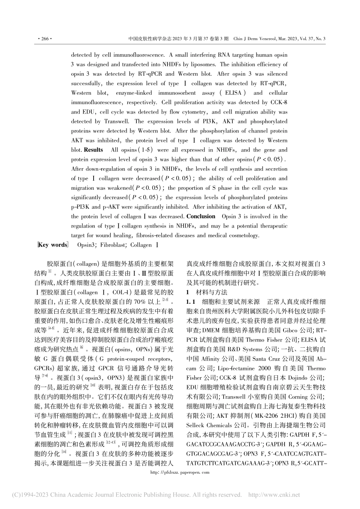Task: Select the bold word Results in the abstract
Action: tap(93, 150)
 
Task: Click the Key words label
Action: tap(53, 245)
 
